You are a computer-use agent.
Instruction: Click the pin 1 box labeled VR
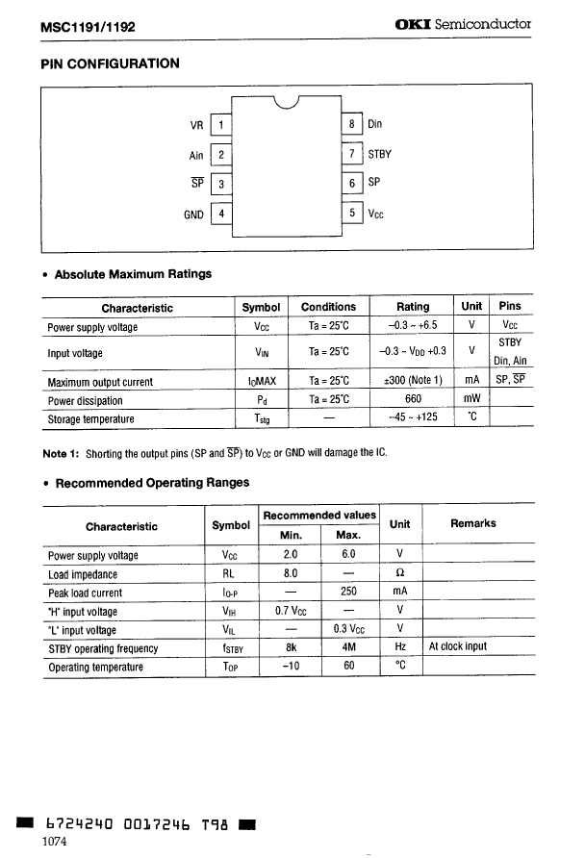(220, 125)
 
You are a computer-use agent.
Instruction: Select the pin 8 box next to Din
(353, 124)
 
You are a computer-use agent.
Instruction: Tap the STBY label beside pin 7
(380, 154)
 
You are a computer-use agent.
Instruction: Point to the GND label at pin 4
(193, 214)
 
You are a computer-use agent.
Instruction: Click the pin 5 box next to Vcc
(353, 214)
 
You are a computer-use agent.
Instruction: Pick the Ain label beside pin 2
(196, 155)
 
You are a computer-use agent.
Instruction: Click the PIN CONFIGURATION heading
(110, 64)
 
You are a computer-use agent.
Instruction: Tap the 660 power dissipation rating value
(414, 400)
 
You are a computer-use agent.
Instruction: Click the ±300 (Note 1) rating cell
(414, 381)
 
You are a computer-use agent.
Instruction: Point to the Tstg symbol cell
(261, 419)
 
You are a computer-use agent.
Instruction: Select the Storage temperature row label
(91, 419)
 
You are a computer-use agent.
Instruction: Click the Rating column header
(414, 307)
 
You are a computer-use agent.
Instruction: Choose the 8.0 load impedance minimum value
(291, 574)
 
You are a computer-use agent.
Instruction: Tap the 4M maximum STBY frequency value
(348, 647)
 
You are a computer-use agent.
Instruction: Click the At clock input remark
(458, 647)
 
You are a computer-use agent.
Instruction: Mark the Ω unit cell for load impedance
(399, 574)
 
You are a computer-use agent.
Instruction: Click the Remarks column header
(473, 523)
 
